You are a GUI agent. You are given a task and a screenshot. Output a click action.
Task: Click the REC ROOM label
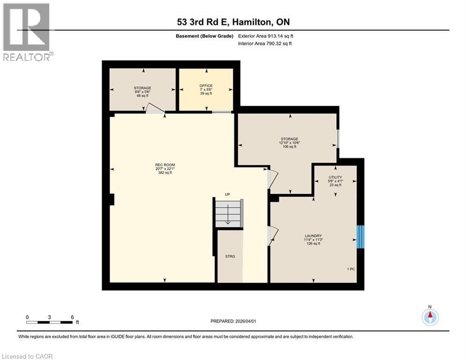tap(165, 168)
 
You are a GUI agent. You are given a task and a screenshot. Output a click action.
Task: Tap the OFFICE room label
tap(206, 89)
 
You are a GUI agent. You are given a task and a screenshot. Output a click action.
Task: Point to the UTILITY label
tap(335, 180)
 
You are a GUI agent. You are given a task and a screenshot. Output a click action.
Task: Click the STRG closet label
tap(229, 256)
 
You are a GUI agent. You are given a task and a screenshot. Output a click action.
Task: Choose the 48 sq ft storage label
tap(142, 90)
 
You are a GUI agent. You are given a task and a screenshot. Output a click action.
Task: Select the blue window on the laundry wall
tap(360, 237)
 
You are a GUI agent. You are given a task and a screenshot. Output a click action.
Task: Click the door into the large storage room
tap(272, 179)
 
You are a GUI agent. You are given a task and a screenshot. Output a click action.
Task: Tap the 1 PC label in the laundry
tap(351, 269)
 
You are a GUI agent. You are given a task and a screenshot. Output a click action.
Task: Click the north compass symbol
tap(429, 316)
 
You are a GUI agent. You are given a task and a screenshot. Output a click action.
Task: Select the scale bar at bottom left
tap(49, 322)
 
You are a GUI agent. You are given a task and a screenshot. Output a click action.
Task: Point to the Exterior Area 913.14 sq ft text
tap(266, 36)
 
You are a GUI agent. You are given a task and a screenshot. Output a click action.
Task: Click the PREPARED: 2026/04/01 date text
tap(233, 321)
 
